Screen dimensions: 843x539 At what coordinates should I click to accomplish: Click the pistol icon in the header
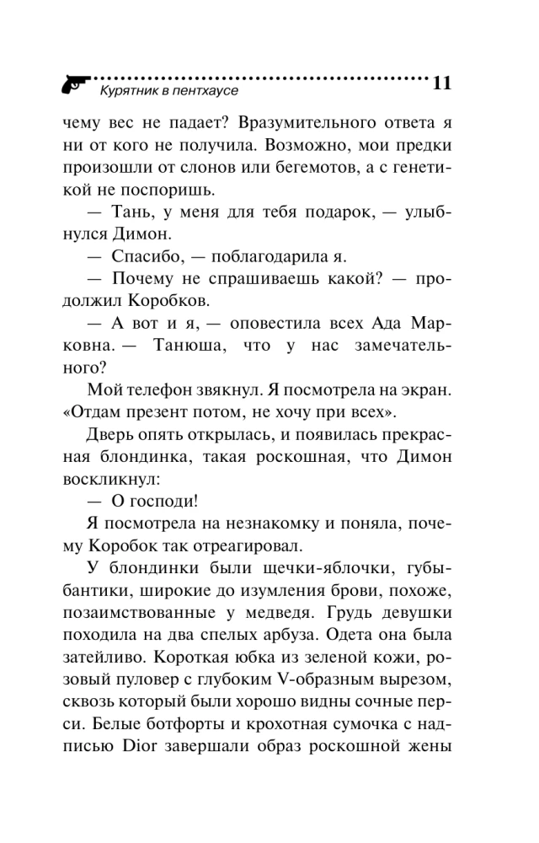(74, 83)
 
